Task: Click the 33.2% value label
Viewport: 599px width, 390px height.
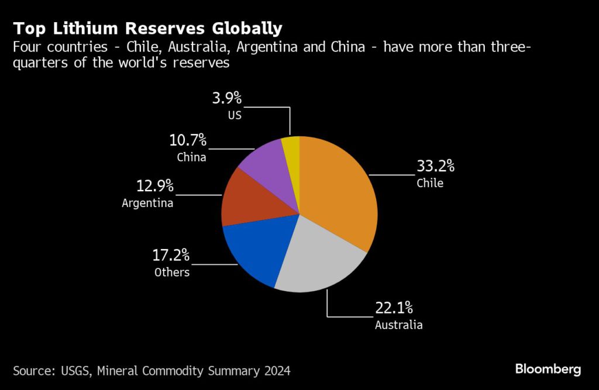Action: [x=435, y=167]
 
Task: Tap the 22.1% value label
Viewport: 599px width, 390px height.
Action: [x=394, y=308]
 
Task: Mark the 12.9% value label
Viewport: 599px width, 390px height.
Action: [x=154, y=187]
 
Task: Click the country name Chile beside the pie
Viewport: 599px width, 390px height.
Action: [x=430, y=183]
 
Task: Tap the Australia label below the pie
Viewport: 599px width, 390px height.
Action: [x=398, y=325]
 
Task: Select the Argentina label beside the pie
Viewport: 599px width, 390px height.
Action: [x=147, y=203]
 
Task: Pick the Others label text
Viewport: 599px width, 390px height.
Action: [x=172, y=272]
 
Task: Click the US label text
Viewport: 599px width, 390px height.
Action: [x=235, y=115]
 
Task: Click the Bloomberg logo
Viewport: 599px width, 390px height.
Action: [x=548, y=369]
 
